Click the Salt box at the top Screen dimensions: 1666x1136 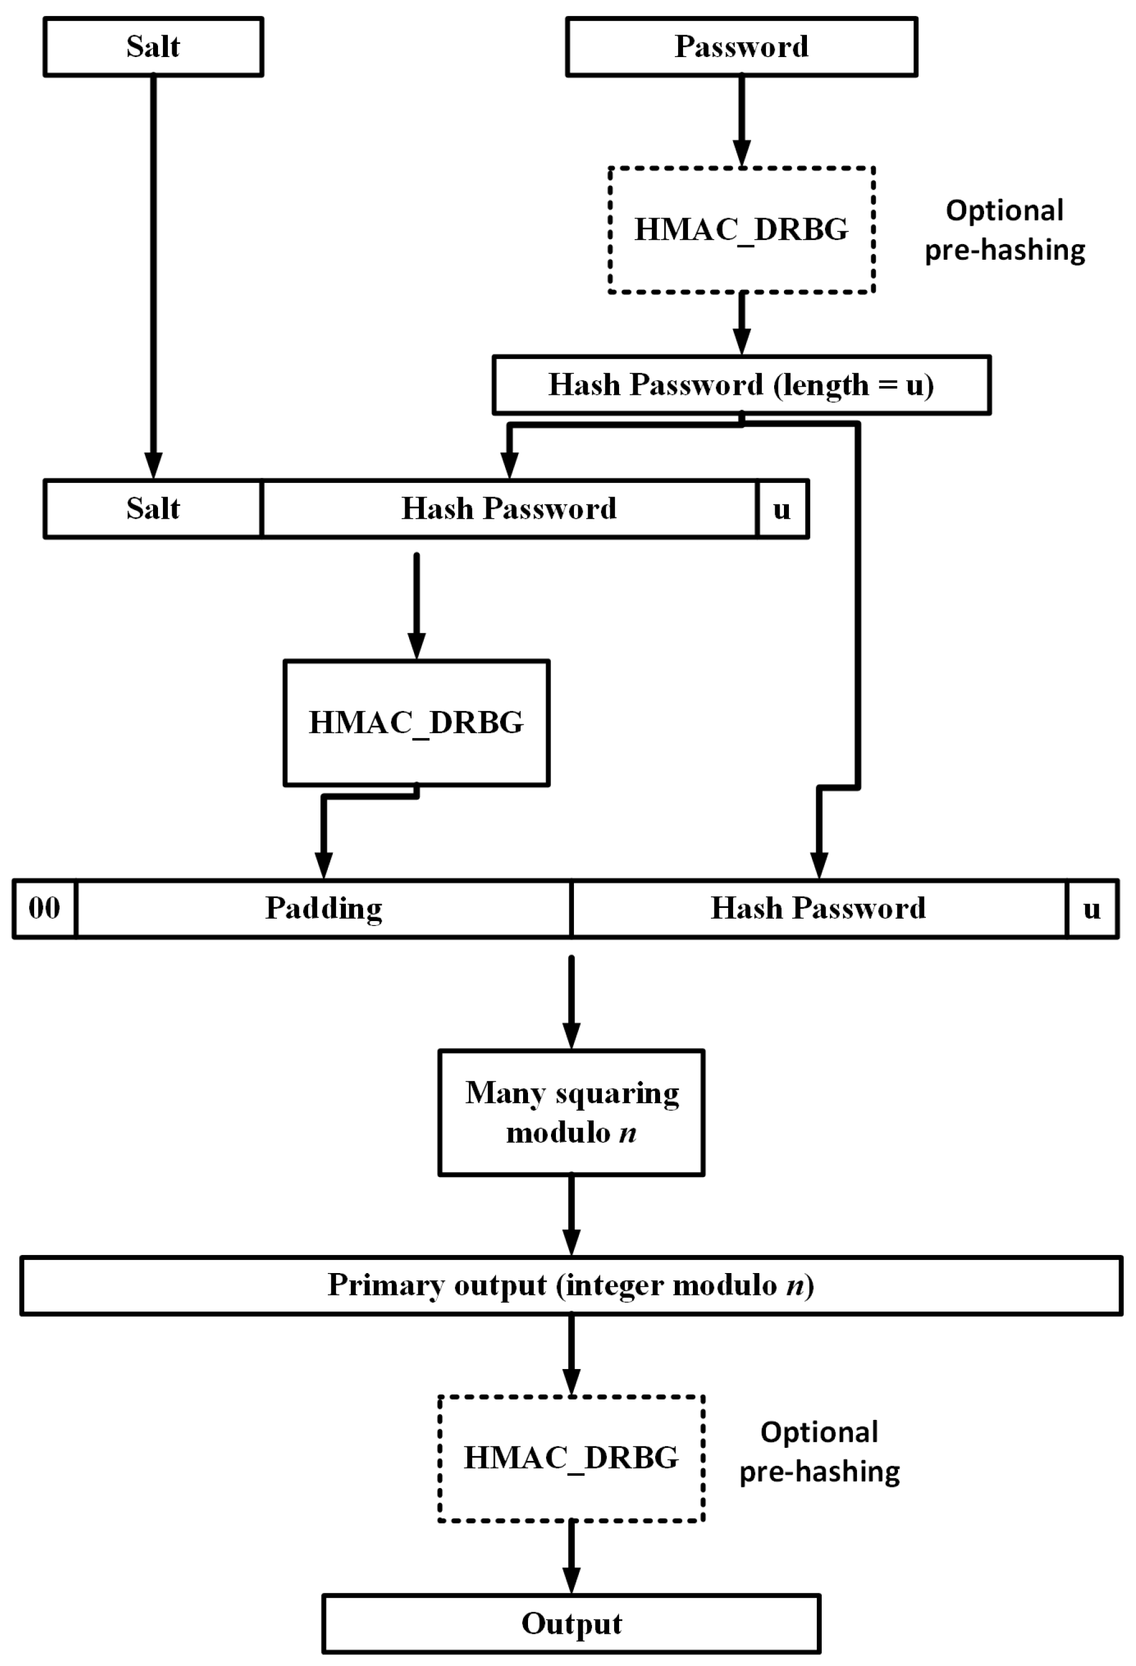coord(153,46)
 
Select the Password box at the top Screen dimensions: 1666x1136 coord(741,46)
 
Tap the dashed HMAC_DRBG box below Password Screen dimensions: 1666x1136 coord(741,230)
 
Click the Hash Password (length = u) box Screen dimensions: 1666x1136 coord(741,385)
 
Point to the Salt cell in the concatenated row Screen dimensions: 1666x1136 coord(153,509)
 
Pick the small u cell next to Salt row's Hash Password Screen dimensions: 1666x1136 coord(782,509)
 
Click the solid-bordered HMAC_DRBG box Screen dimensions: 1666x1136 coord(416,723)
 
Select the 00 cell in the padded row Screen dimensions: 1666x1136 coord(45,908)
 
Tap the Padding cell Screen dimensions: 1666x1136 coord(324,908)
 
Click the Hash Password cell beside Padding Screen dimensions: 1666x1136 coord(818,908)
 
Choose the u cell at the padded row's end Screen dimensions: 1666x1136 coord(1091,908)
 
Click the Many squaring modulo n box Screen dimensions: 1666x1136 coord(571,1113)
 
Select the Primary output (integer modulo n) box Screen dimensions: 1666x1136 coord(571,1285)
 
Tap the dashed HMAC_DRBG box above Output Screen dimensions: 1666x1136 coord(571,1458)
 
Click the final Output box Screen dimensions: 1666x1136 coord(571,1624)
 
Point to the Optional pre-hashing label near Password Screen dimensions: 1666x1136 coord(1004,230)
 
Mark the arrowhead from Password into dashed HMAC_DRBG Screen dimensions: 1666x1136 coord(742,154)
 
